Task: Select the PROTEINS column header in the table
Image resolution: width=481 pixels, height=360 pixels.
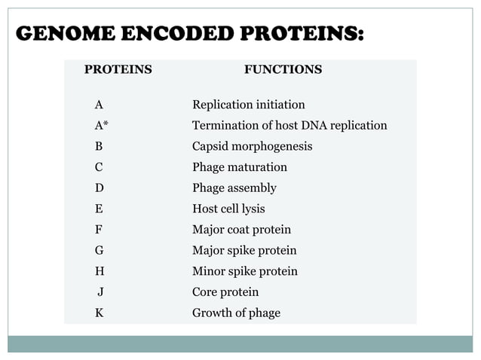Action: (x=118, y=70)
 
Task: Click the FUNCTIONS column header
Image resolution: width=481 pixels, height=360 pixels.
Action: (x=283, y=70)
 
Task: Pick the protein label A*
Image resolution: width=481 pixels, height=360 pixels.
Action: (x=101, y=126)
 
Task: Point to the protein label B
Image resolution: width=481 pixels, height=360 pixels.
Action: (x=99, y=146)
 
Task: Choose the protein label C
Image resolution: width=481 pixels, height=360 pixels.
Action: (x=99, y=167)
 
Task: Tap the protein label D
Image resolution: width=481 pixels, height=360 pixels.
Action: (x=99, y=188)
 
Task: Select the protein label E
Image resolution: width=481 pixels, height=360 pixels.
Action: (x=99, y=209)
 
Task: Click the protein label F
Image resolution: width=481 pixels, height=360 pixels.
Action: (x=99, y=230)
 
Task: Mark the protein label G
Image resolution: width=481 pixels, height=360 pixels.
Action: (x=99, y=250)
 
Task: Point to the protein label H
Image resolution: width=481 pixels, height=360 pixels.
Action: (x=99, y=271)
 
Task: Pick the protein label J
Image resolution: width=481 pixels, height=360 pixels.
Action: (x=100, y=291)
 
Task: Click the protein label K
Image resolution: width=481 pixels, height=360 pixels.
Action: (x=99, y=313)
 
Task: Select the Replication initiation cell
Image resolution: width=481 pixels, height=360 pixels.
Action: (x=249, y=105)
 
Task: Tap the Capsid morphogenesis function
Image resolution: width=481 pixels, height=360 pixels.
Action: (x=252, y=146)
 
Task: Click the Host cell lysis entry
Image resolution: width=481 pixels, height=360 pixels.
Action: (x=228, y=209)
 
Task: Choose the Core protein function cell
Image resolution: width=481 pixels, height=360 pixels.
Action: (x=225, y=291)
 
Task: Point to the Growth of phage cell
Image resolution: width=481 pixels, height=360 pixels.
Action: (x=236, y=313)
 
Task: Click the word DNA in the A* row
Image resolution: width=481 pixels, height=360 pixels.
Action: (x=308, y=126)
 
